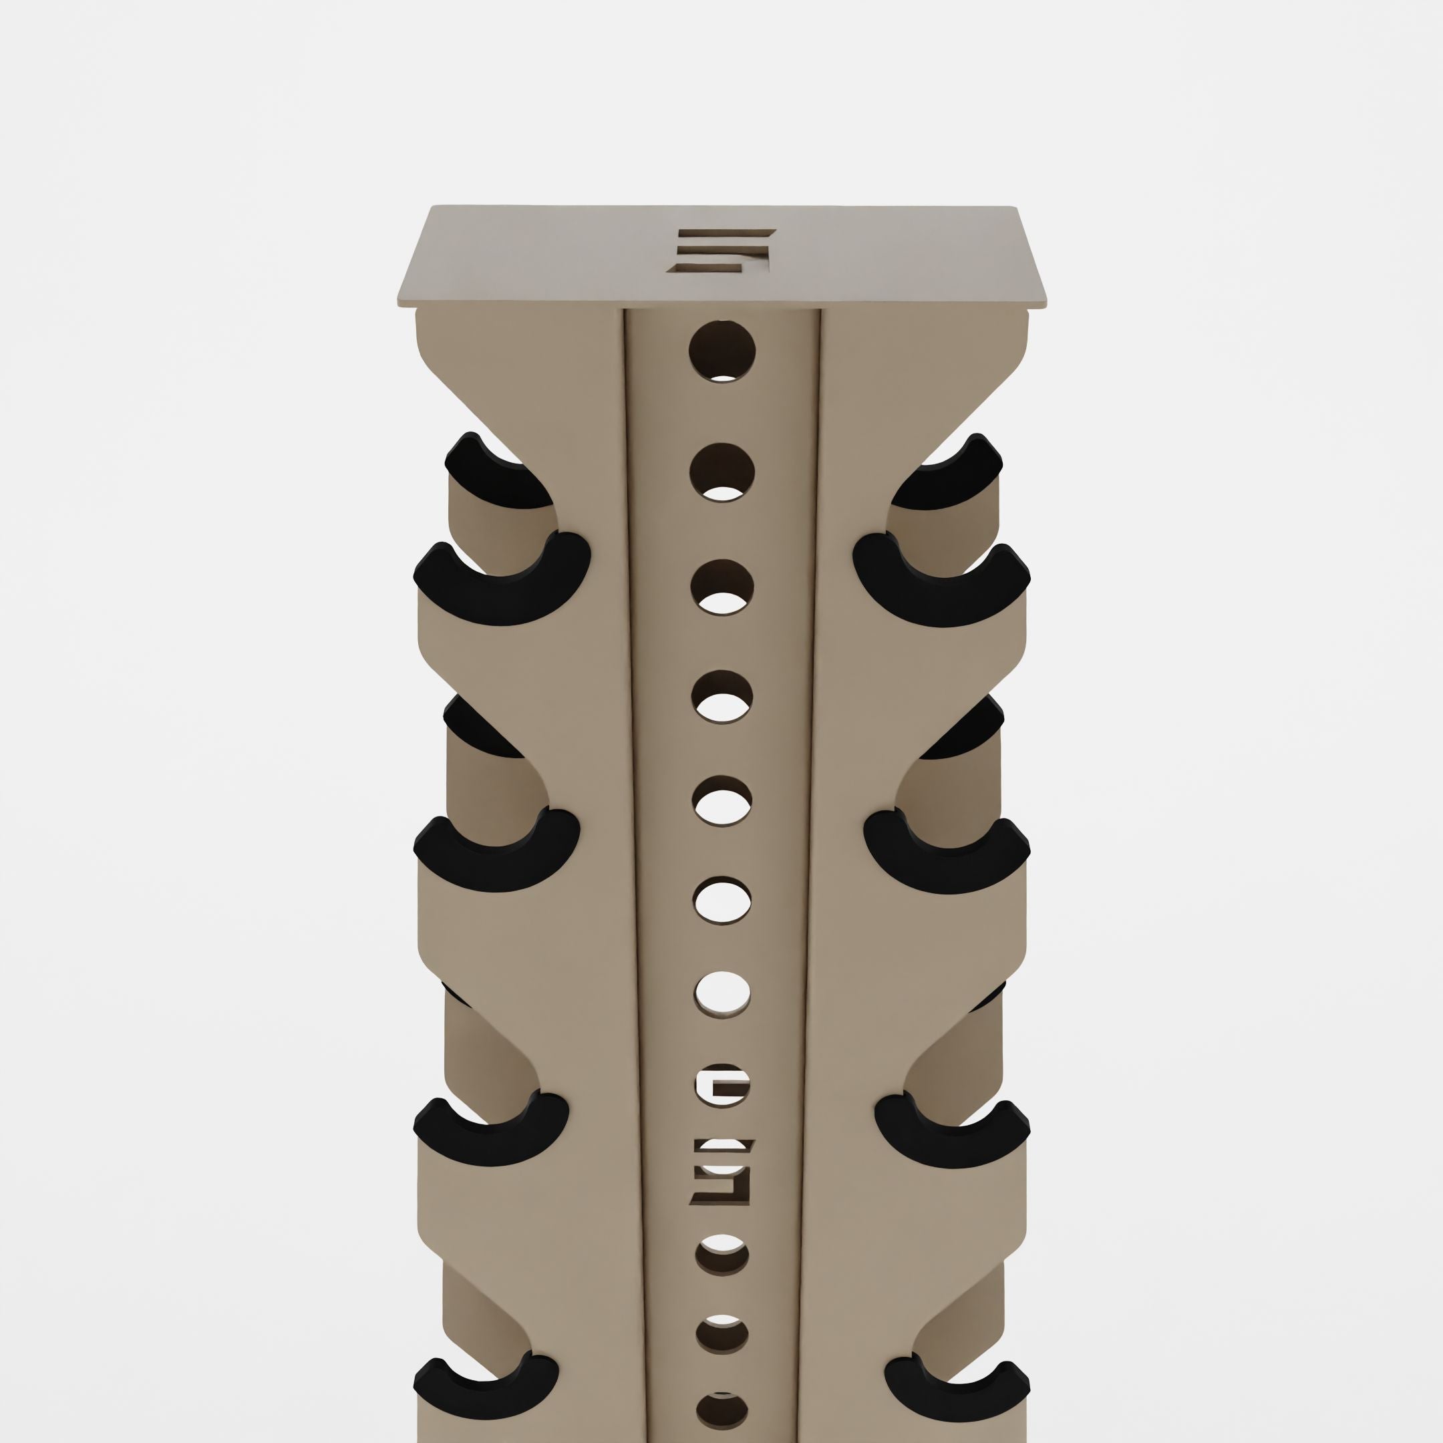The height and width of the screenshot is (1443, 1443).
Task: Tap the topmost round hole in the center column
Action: coord(721,351)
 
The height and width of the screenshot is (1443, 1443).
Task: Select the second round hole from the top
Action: coord(721,472)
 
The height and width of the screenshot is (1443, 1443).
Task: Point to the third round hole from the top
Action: coord(721,588)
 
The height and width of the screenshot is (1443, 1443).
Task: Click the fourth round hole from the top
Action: coord(721,697)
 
